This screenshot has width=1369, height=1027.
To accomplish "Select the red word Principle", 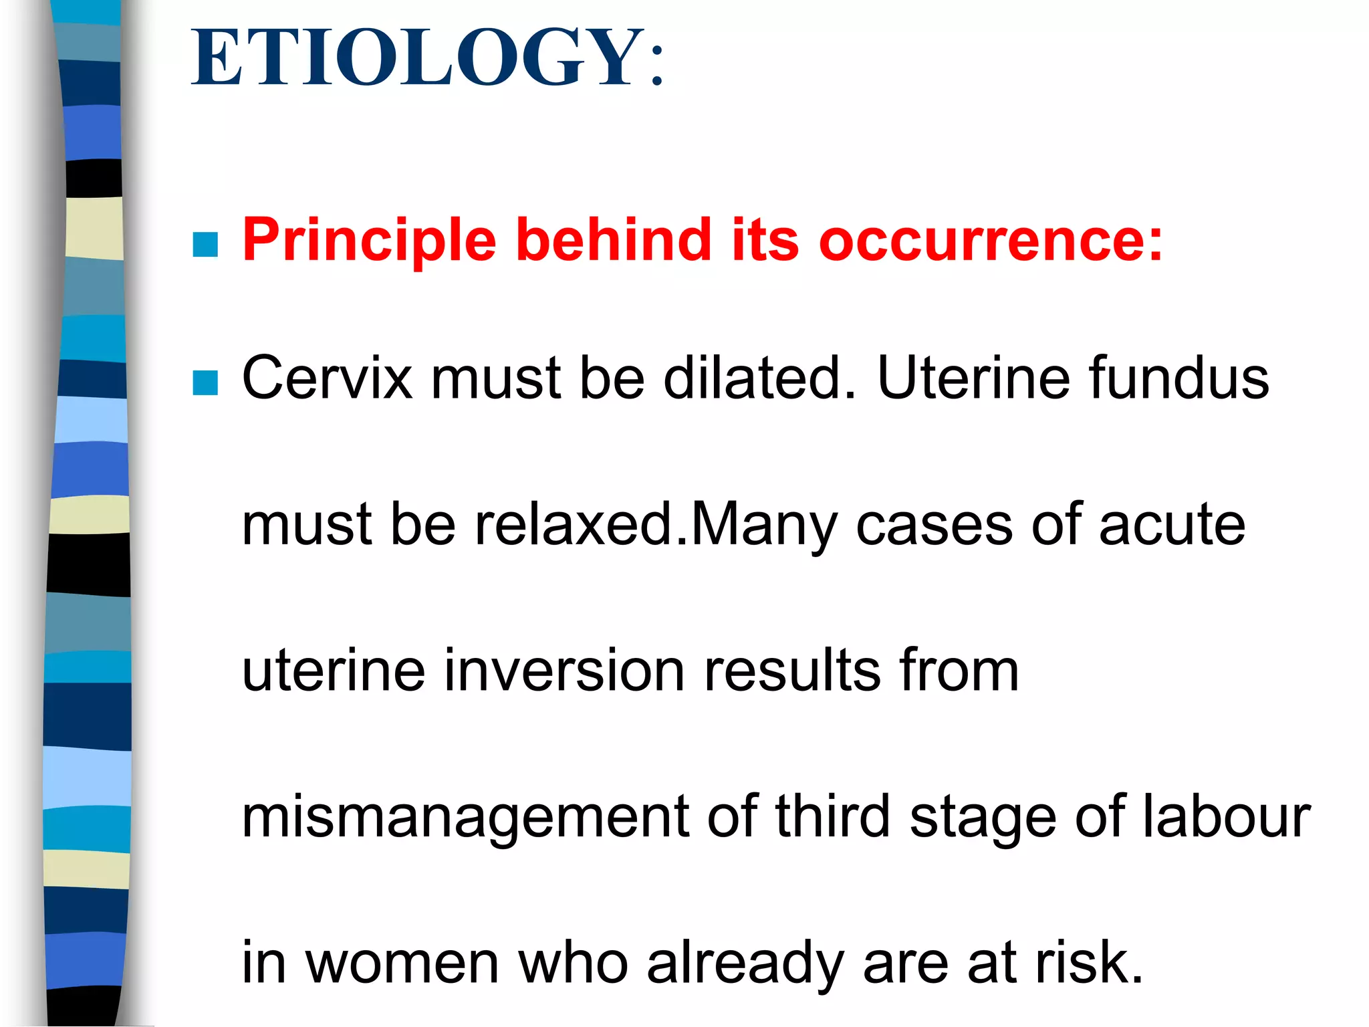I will pyautogui.click(x=369, y=241).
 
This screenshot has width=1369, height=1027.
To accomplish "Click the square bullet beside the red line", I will pyautogui.click(x=205, y=245).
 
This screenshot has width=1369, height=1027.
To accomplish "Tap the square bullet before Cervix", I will pyautogui.click(x=205, y=383).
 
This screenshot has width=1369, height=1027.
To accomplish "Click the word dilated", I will pyautogui.click(x=759, y=378).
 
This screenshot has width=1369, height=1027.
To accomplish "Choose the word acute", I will pyautogui.click(x=1172, y=526).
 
